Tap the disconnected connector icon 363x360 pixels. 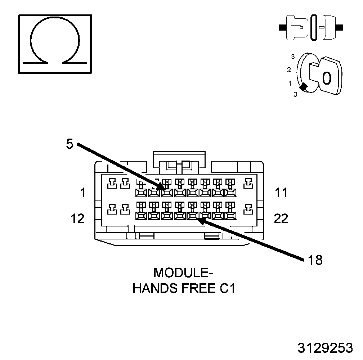tap(311, 27)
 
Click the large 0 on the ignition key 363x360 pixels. tap(326, 78)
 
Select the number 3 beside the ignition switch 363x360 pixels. tap(293, 57)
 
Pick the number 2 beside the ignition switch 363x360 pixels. tap(289, 69)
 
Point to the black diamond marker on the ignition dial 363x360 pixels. tap(304, 87)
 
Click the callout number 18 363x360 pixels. tap(315, 260)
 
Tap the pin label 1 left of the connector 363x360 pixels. tap(83, 193)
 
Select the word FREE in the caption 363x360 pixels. tap(198, 288)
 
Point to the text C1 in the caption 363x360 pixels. tap(227, 288)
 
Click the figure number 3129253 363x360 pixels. tap(325, 348)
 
